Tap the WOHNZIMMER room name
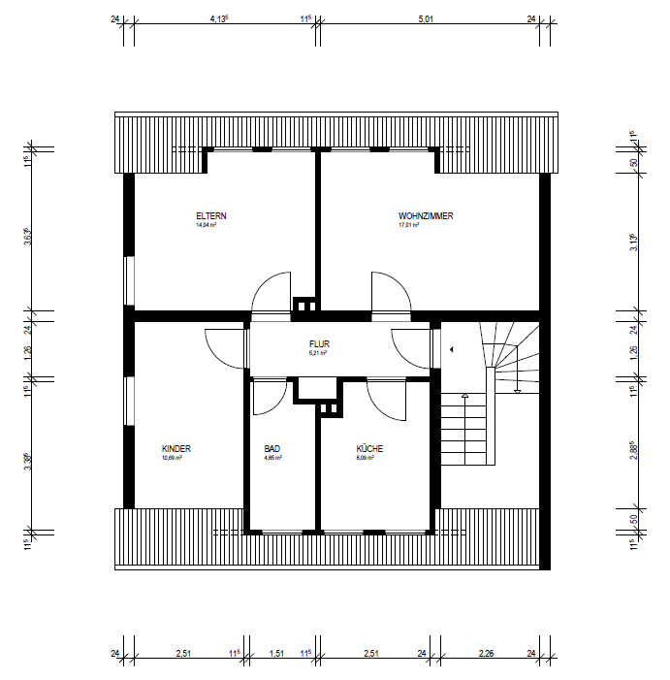[x=426, y=215]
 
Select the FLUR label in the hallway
[x=319, y=344]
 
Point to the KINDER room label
[x=176, y=449]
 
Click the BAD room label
[x=271, y=449]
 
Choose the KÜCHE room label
[x=369, y=449]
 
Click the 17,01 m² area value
[x=408, y=225]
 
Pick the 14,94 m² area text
[x=206, y=225]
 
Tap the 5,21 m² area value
[x=318, y=354]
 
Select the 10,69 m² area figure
[x=172, y=458]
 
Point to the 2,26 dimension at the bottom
[x=486, y=654]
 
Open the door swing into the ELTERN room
[x=270, y=294]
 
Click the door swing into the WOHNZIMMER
[x=387, y=294]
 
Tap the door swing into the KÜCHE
[x=387, y=401]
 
